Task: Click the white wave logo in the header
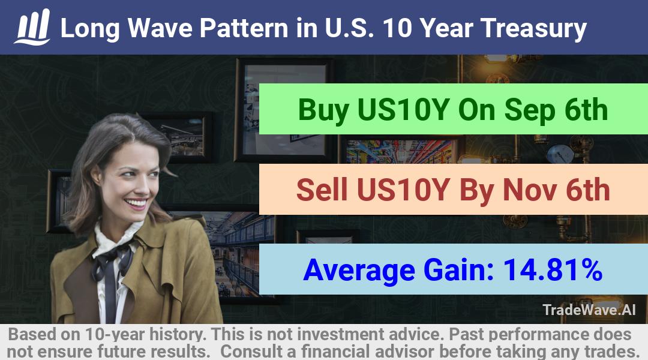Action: click(32, 27)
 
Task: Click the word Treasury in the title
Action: click(533, 29)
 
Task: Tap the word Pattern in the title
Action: click(244, 28)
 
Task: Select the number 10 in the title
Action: click(397, 28)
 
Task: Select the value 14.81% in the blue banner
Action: click(553, 269)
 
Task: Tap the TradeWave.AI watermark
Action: click(589, 310)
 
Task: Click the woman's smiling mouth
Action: click(136, 203)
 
